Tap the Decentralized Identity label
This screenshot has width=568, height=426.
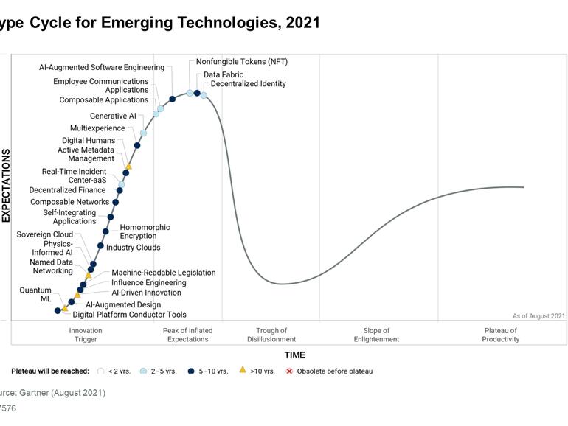click(248, 84)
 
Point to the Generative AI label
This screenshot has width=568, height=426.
click(113, 116)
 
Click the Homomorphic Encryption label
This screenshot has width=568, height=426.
click(145, 232)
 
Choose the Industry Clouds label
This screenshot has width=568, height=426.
click(133, 248)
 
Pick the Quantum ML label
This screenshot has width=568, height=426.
click(35, 295)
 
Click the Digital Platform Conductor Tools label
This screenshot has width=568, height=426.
click(129, 315)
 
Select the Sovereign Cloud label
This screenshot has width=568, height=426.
click(45, 234)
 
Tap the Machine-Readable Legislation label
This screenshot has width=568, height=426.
click(163, 273)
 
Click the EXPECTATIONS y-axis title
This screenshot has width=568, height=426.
click(7, 185)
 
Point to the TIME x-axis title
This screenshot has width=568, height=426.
click(294, 355)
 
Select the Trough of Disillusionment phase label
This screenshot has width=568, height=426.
click(271, 335)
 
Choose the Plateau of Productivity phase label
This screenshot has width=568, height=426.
click(501, 335)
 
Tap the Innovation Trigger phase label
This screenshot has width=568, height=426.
click(86, 335)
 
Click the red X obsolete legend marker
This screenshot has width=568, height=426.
click(289, 371)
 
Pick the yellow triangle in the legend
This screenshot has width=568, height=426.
click(242, 370)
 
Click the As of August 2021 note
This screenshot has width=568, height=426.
click(538, 316)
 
